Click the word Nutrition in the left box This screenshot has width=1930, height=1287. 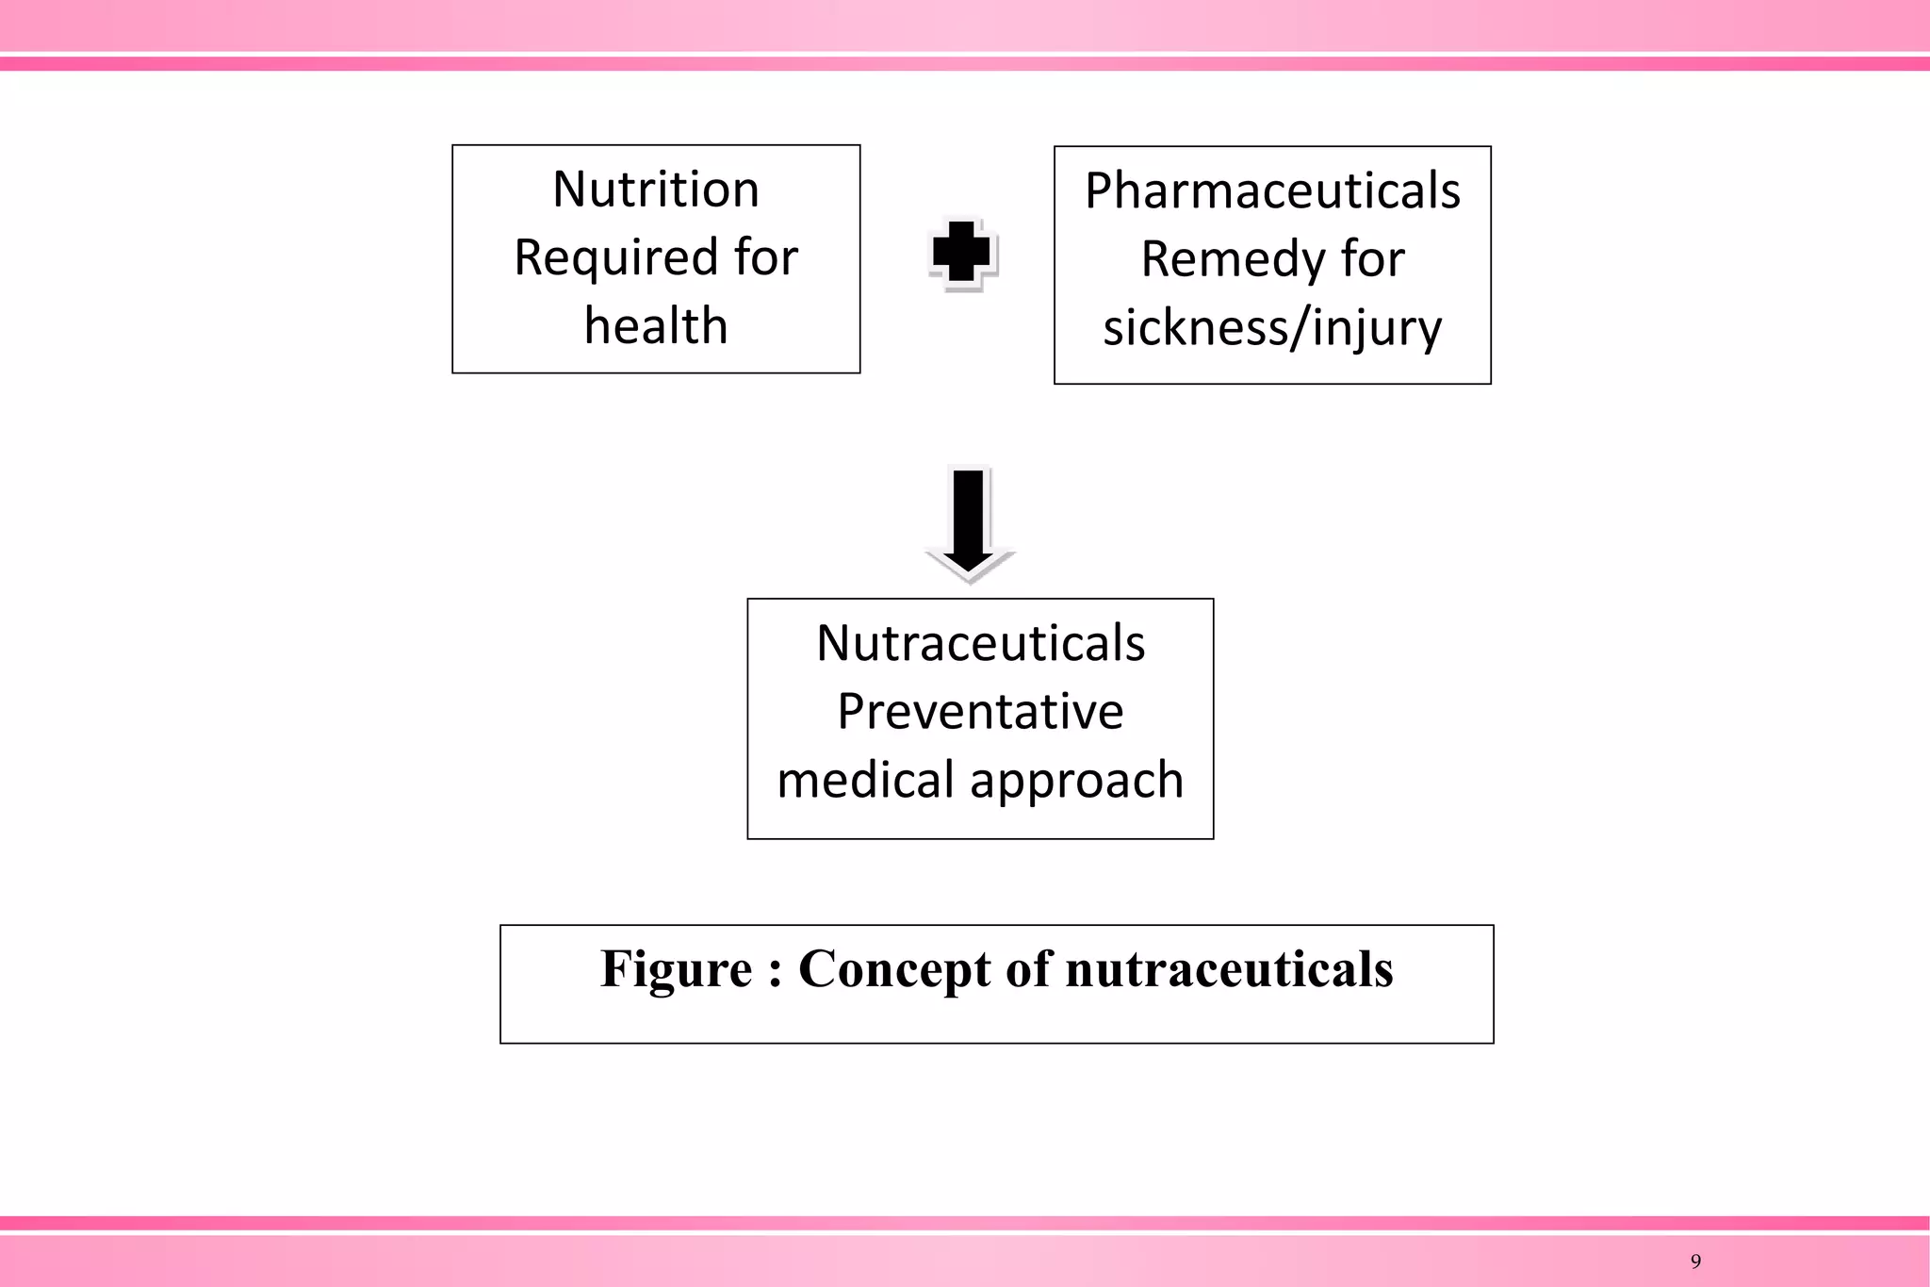pos(656,190)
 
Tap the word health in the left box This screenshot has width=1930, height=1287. pos(656,326)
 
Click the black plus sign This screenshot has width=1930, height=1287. pos(961,253)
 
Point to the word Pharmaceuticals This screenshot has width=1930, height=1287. pos(1272,191)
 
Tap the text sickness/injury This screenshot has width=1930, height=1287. pos(1272,328)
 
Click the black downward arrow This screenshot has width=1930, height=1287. pos(969,523)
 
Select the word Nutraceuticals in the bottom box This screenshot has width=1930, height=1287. pos(980,644)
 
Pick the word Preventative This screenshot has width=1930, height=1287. pos(980,712)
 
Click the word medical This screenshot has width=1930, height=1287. pos(864,781)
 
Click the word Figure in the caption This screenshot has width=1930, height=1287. pos(677,969)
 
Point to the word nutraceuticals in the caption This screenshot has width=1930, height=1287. pos(1229,969)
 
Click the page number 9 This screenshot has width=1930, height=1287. pos(1696,1262)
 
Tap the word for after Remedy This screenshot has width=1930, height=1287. pos(1373,259)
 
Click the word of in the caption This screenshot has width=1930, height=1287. pos(1027,969)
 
